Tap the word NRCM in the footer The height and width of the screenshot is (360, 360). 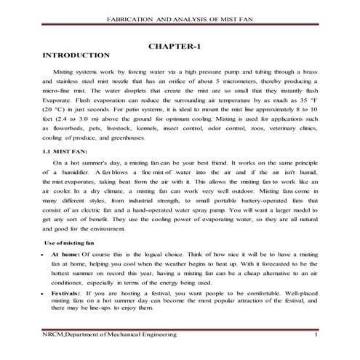[x=54, y=333]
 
